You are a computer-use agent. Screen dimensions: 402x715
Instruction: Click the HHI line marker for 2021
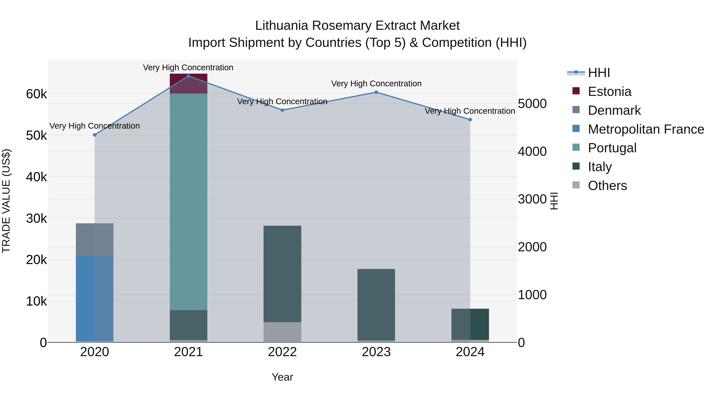[x=188, y=76]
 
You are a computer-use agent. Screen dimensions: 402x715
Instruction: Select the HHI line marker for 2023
[x=376, y=92]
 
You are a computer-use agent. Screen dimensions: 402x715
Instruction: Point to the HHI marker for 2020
[x=95, y=135]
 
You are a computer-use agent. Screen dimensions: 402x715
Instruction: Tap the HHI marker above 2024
[x=470, y=120]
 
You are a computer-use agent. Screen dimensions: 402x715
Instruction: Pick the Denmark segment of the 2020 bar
[x=95, y=239]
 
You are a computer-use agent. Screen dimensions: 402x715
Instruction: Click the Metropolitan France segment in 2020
[x=95, y=298]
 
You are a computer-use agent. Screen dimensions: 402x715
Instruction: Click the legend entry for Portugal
[x=612, y=148]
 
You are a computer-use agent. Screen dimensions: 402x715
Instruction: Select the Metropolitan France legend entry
[x=646, y=129]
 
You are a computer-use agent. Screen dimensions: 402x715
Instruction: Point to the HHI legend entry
[x=599, y=73]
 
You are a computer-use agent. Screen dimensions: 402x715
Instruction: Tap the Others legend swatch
[x=576, y=185]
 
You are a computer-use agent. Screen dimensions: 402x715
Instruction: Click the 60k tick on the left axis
[x=36, y=94]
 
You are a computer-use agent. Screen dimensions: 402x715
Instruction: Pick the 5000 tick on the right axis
[x=532, y=104]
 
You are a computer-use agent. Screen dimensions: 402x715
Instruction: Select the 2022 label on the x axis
[x=282, y=352]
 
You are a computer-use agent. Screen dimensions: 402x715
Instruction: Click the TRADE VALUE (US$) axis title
[x=6, y=201]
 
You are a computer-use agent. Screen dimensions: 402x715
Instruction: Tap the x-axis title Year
[x=282, y=377]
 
